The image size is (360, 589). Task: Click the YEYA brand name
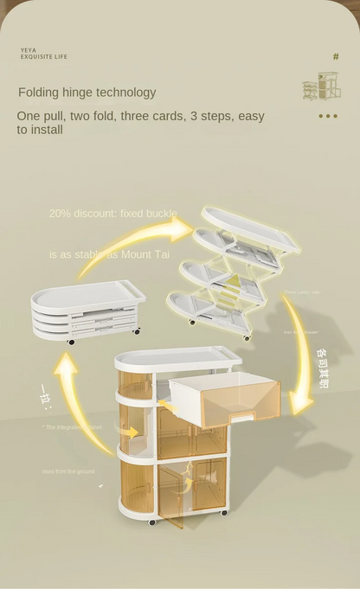click(29, 50)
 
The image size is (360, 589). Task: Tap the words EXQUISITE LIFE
click(43, 57)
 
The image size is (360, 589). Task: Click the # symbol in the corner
click(336, 57)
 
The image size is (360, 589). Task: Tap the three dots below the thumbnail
click(327, 116)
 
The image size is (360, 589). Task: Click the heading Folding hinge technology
click(87, 93)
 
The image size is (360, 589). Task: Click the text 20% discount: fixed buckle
click(112, 213)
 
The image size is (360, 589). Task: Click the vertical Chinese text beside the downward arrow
click(322, 368)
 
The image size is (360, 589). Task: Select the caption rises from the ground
click(69, 471)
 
